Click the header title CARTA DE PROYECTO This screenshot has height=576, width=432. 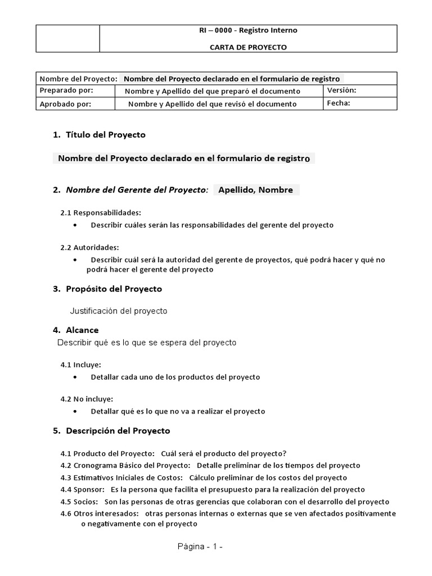[x=248, y=47]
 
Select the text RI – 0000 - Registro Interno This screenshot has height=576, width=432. [x=248, y=30]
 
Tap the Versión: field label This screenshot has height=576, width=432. [x=342, y=90]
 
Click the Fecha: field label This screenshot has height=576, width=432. [x=339, y=103]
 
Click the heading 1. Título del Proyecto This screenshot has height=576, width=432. [x=99, y=135]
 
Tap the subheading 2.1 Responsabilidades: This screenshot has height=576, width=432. [x=101, y=213]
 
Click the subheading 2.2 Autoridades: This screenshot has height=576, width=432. [x=89, y=247]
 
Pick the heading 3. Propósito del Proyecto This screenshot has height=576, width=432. [x=107, y=289]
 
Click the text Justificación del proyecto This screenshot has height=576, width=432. [x=118, y=310]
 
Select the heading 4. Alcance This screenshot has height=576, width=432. [x=75, y=330]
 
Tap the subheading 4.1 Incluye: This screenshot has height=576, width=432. [x=80, y=365]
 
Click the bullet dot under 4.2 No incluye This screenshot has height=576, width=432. [x=76, y=412]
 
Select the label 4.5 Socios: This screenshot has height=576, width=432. [x=79, y=502]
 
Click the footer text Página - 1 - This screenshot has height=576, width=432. [x=200, y=547]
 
